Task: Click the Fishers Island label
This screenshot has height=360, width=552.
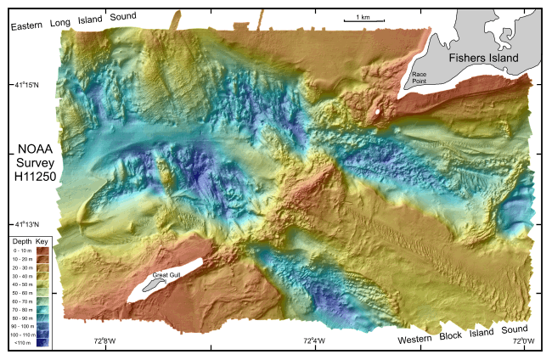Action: coord(487,58)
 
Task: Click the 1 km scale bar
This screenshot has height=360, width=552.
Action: coord(362,20)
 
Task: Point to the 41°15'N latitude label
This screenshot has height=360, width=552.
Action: coord(25,84)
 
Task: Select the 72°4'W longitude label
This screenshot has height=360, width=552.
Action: coord(314,342)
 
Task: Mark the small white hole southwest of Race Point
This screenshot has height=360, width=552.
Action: coord(377,111)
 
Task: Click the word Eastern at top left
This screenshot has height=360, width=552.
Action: coord(27,25)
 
